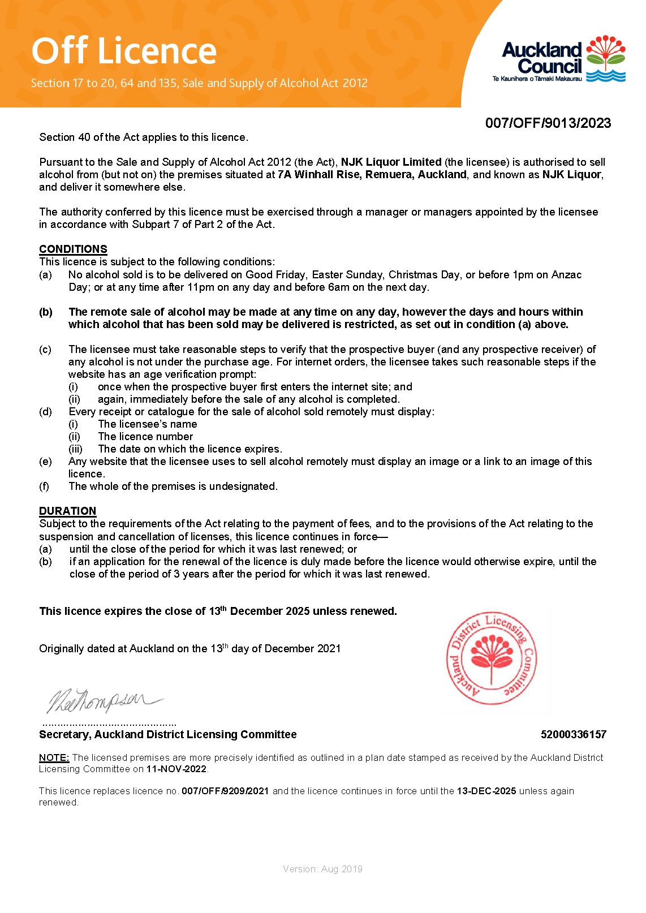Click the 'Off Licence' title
[124, 51]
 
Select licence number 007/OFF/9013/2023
[548, 123]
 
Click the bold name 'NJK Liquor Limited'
[391, 162]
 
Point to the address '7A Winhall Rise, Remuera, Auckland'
[372, 174]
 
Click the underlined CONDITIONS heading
[73, 249]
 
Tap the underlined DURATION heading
[67, 511]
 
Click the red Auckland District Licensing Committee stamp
[491, 659]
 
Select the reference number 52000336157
[573, 734]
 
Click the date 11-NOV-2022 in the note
[176, 769]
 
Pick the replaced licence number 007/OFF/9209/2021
[225, 791]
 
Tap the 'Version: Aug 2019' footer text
[322, 869]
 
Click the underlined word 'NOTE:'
[54, 757]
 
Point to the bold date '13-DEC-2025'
[486, 791]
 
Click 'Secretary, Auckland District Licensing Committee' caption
[167, 734]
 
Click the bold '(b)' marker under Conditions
[45, 312]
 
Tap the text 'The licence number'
[145, 436]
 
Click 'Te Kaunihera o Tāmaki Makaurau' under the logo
[537, 79]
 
